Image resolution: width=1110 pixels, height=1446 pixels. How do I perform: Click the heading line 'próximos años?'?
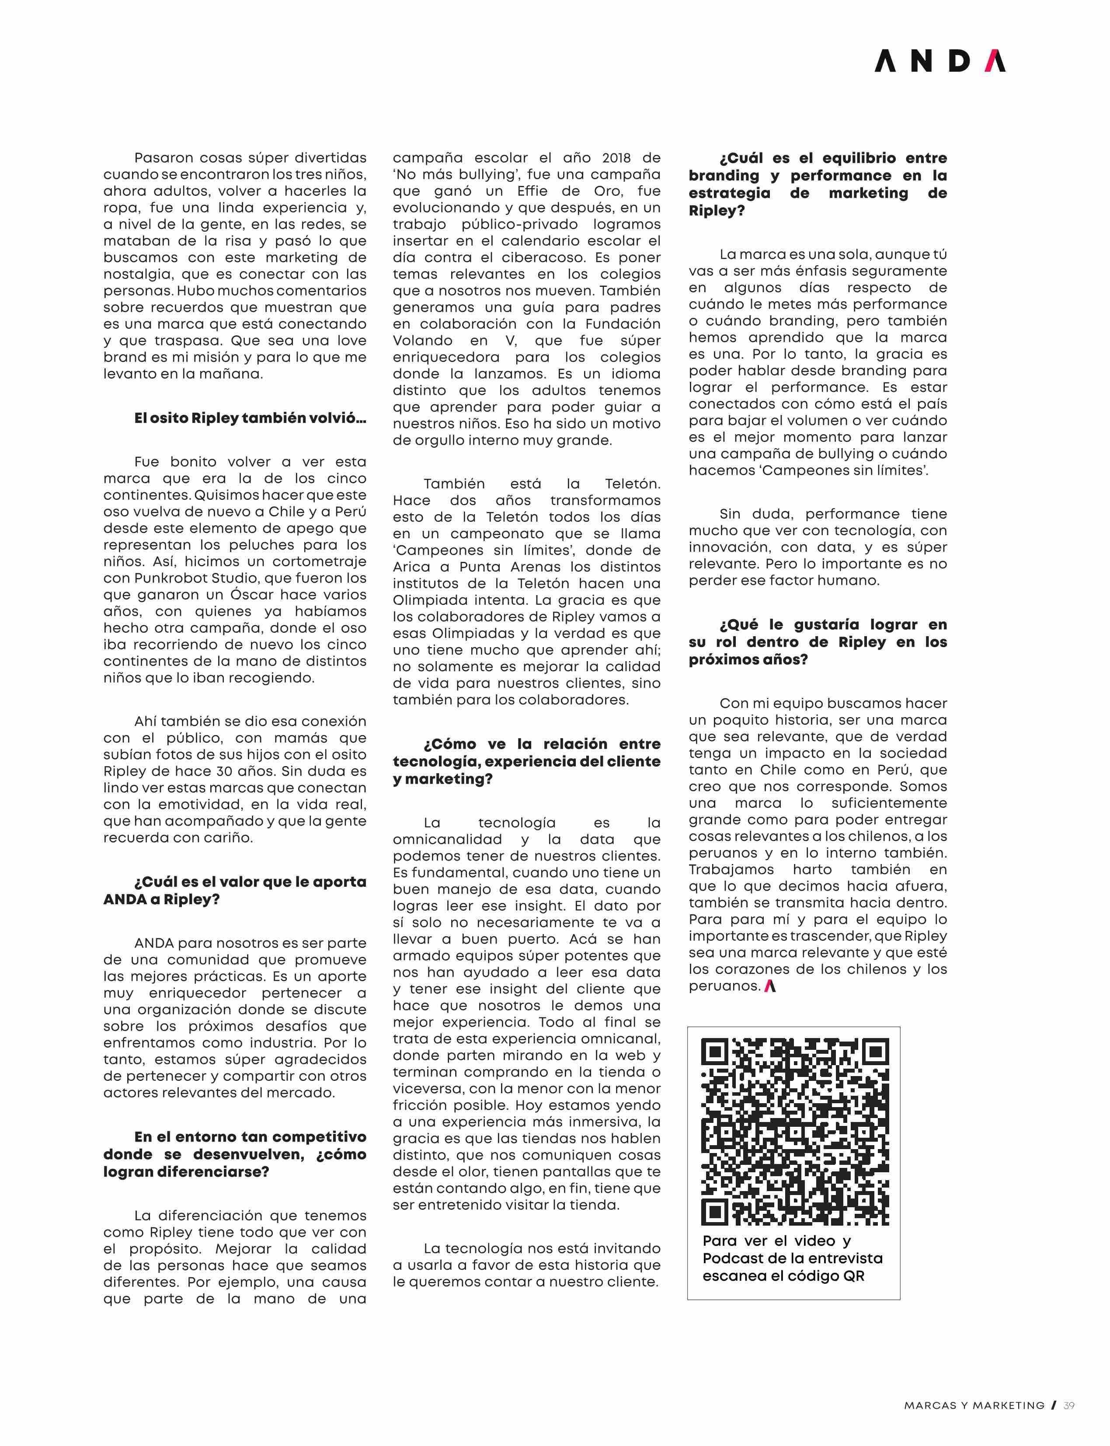click(x=748, y=659)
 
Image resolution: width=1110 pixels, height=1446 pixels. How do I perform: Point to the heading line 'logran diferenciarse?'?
click(x=186, y=1172)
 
